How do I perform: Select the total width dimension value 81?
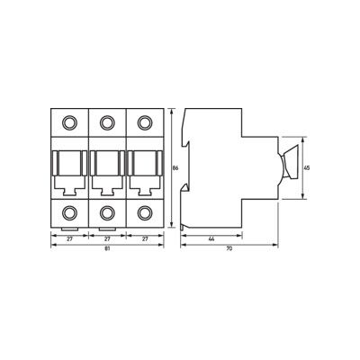pyautogui.click(x=107, y=248)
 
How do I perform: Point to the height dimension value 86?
pyautogui.click(x=175, y=168)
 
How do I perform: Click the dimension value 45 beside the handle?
pyautogui.click(x=307, y=168)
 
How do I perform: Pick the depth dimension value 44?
pyautogui.click(x=211, y=239)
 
